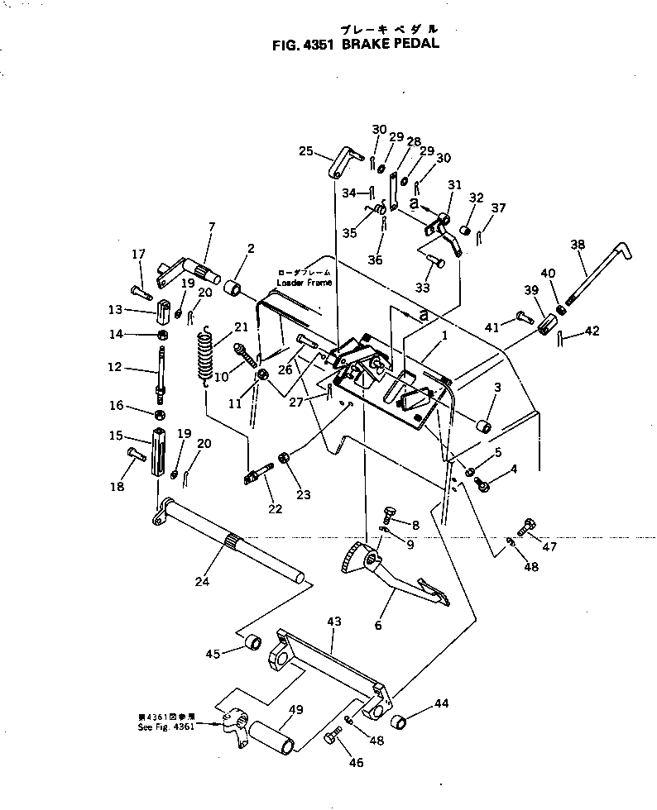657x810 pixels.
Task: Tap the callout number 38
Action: pos(577,245)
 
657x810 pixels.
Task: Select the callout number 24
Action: pos(201,581)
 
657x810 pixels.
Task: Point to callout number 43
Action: pos(333,620)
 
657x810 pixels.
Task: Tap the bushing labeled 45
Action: pos(252,642)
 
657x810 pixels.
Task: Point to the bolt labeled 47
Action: pos(527,526)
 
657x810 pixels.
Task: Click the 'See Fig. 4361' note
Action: pos(165,723)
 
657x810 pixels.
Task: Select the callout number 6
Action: pos(378,626)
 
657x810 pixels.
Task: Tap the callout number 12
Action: pos(115,367)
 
